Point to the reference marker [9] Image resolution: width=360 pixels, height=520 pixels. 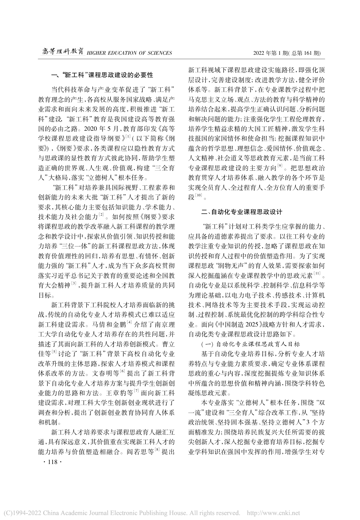(x=280, y=166)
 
